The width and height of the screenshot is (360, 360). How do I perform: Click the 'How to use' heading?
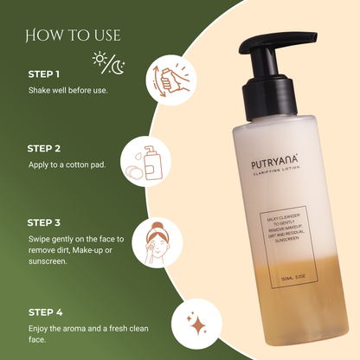click(73, 35)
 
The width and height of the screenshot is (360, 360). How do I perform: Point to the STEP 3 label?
click(46, 222)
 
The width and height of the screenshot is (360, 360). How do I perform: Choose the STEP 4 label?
click(46, 312)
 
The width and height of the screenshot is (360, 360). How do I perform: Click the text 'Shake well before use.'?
click(68, 91)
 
